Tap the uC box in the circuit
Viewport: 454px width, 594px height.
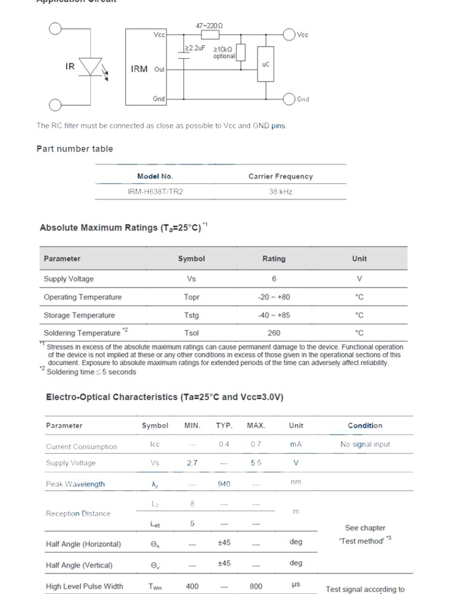[265, 64]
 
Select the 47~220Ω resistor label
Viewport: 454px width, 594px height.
[209, 26]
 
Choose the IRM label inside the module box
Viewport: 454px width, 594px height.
[139, 69]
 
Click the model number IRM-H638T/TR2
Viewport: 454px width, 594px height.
[155, 191]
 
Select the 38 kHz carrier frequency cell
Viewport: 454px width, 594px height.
[281, 191]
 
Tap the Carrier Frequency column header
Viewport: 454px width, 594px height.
[281, 176]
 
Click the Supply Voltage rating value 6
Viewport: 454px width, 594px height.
[274, 279]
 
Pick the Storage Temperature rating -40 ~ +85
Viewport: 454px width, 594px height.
[274, 315]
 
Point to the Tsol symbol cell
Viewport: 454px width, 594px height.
[191, 333]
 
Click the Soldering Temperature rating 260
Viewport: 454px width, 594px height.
[274, 333]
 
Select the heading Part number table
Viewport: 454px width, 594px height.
[74, 149]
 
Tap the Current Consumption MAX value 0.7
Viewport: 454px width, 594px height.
[256, 444]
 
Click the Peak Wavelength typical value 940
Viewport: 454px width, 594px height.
[224, 484]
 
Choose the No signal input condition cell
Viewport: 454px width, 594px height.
[365, 444]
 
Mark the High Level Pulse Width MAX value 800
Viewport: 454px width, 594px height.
[256, 586]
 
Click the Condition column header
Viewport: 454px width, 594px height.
[365, 426]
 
